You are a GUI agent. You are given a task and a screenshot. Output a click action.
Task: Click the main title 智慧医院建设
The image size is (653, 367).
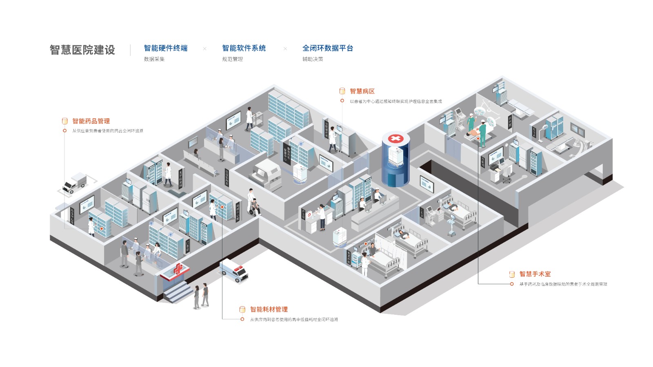pyautogui.click(x=82, y=50)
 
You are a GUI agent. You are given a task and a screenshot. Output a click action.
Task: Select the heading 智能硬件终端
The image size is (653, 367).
pyautogui.click(x=166, y=48)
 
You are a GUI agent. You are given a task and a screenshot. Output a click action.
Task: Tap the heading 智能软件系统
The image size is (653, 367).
pyautogui.click(x=244, y=48)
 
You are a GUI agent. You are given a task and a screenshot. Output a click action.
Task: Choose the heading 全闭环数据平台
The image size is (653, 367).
pyautogui.click(x=328, y=48)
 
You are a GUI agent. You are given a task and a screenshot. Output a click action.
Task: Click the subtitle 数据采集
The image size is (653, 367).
pyautogui.click(x=154, y=59)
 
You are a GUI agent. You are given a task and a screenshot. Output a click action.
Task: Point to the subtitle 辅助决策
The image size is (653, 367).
pyautogui.click(x=313, y=59)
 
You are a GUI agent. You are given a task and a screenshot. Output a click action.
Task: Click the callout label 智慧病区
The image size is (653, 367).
pyautogui.click(x=362, y=91)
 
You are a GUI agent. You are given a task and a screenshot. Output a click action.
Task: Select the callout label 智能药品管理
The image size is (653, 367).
pyautogui.click(x=91, y=121)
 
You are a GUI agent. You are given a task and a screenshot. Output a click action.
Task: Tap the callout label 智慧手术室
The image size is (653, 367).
pyautogui.click(x=535, y=274)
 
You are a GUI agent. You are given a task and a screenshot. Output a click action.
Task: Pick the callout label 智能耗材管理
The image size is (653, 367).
pyautogui.click(x=269, y=310)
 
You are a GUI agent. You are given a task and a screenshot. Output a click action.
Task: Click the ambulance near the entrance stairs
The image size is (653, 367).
pyautogui.click(x=234, y=270)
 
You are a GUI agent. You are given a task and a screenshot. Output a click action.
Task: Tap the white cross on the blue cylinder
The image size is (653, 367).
pyautogui.click(x=395, y=139)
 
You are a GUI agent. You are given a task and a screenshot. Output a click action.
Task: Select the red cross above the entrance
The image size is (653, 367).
pyautogui.click(x=178, y=269)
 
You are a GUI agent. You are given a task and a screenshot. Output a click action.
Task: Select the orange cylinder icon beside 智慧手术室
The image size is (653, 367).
pyautogui.click(x=512, y=274)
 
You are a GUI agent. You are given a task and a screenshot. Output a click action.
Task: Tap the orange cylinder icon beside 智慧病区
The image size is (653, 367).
pyautogui.click(x=342, y=91)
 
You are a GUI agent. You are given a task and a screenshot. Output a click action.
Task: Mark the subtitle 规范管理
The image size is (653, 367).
pyautogui.click(x=232, y=59)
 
